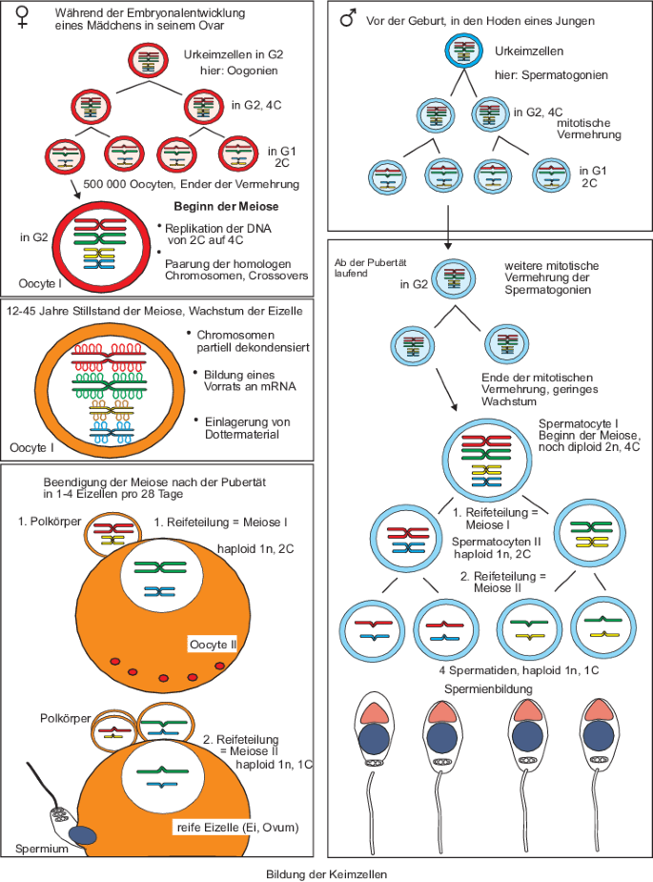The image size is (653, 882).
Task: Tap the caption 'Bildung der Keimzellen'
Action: tap(326, 872)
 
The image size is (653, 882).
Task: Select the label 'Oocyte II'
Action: tap(215, 645)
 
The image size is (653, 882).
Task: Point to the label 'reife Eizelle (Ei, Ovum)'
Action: tap(235, 827)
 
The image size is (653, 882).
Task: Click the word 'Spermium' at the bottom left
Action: tap(42, 849)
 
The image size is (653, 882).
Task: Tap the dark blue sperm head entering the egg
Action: tap(88, 834)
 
